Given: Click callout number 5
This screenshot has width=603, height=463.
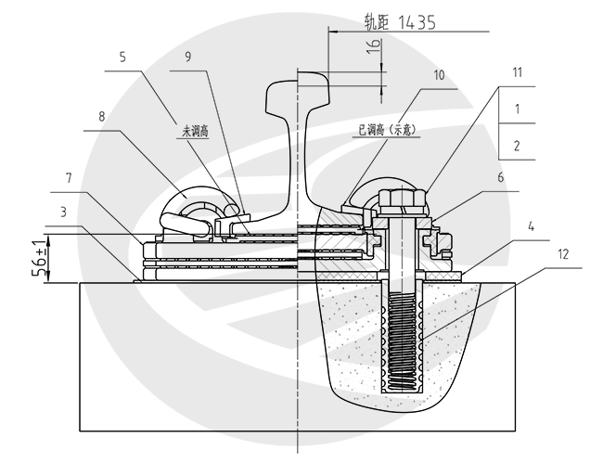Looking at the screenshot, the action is click(122, 58).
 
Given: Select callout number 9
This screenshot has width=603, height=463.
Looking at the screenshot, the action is click(188, 57).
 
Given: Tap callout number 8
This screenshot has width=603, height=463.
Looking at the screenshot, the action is click(101, 117).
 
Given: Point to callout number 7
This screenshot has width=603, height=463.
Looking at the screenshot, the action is click(69, 178).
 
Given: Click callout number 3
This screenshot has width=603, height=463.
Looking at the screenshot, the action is click(63, 212).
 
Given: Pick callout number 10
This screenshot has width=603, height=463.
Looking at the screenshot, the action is click(439, 75).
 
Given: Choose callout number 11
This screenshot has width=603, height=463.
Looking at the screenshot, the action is click(518, 72).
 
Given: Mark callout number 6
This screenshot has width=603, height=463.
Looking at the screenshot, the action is click(501, 177).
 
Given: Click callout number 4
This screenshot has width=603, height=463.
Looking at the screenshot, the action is click(531, 227).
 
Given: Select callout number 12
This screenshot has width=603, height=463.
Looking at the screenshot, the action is click(563, 254).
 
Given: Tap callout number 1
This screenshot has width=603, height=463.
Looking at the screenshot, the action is click(518, 109).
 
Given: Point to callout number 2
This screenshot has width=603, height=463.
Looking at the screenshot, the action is click(517, 146).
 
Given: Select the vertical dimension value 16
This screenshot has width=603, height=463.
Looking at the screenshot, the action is click(374, 46).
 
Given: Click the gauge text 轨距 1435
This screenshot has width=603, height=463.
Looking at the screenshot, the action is click(401, 22).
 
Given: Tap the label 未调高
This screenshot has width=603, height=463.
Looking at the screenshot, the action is click(196, 131).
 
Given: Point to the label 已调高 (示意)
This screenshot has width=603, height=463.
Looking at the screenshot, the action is click(387, 130).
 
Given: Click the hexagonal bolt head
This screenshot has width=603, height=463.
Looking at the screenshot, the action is click(403, 198).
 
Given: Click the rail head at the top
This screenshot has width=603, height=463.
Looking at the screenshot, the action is click(299, 92).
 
